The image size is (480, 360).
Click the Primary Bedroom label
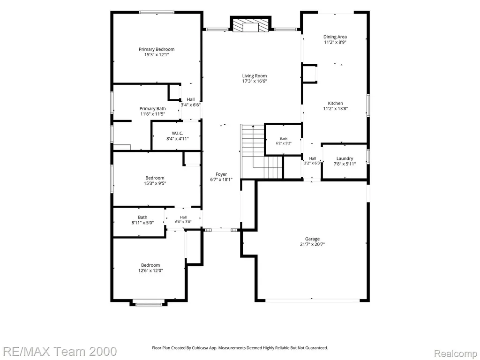tap(157, 49)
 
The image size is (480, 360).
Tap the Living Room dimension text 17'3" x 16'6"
tap(255, 81)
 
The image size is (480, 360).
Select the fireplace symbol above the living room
tap(251, 25)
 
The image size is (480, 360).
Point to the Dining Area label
tap(335, 37)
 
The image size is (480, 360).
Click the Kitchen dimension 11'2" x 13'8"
tap(336, 108)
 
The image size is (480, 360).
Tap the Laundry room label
tap(345, 158)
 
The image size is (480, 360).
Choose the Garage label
tap(312, 239)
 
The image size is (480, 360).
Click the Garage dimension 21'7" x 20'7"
tap(312, 244)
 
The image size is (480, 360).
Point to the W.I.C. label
tap(178, 133)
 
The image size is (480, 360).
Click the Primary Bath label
tap(152, 109)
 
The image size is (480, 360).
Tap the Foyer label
tap(221, 174)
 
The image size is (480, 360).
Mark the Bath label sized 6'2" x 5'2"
tap(284, 139)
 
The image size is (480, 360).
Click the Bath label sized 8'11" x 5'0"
tap(142, 217)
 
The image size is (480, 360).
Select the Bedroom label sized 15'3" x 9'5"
tap(155, 178)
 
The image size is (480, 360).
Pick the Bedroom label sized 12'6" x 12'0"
tap(150, 265)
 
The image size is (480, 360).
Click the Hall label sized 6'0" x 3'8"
tap(183, 217)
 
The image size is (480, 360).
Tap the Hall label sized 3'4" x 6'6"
tap(190, 99)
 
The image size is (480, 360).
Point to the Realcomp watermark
tap(456, 353)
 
